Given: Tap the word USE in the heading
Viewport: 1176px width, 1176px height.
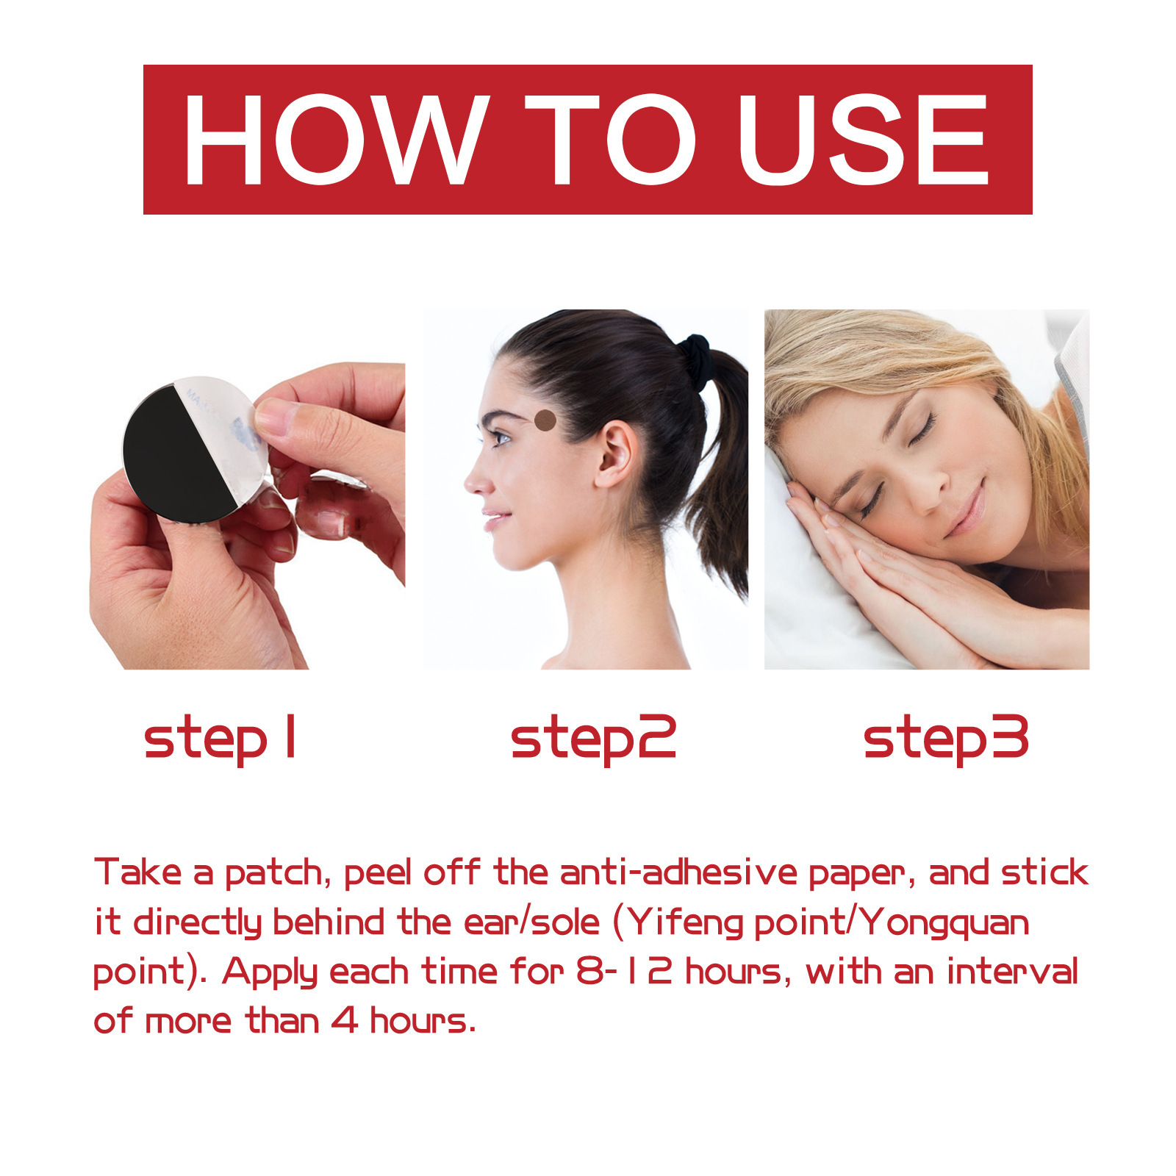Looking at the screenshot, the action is (864, 140).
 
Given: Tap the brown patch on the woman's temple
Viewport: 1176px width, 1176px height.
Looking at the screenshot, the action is (545, 420).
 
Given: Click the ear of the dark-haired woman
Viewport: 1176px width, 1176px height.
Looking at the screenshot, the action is (615, 456).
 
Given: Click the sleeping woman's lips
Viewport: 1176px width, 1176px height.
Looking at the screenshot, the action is (967, 509).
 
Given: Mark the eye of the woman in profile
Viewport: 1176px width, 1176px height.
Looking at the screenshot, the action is (501, 439).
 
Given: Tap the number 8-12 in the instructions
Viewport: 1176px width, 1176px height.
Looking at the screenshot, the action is (624, 971).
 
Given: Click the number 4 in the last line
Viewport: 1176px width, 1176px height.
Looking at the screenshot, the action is (343, 1021).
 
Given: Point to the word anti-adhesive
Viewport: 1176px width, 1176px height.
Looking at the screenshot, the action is (678, 872).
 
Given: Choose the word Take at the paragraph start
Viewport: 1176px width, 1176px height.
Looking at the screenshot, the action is (138, 872).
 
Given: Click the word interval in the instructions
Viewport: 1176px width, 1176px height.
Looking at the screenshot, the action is (1012, 971).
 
